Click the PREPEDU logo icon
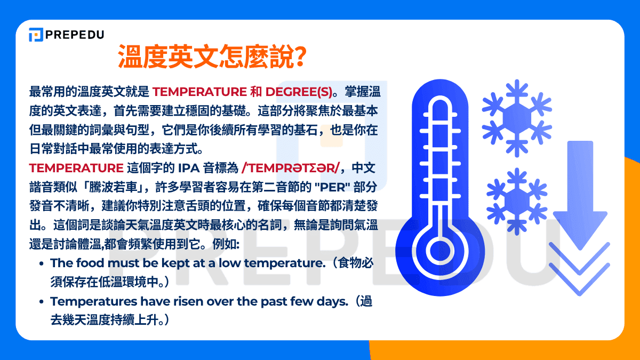[36, 35]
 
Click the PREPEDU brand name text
[74, 35]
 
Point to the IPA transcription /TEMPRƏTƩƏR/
[290, 168]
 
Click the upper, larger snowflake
[516, 117]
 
